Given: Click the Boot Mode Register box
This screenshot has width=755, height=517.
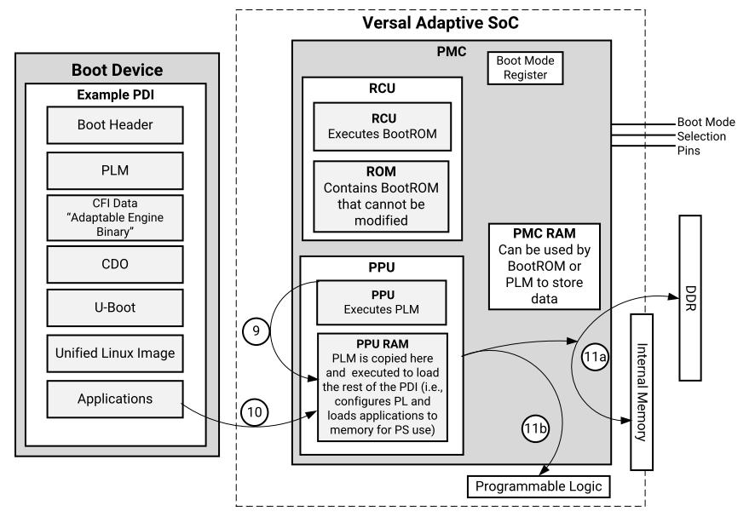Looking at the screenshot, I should click(524, 67).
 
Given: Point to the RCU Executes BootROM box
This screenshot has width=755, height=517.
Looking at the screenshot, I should click(382, 125).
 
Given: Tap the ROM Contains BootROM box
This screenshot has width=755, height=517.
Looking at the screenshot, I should click(382, 195).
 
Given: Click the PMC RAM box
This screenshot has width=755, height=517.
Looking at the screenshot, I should click(545, 265).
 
